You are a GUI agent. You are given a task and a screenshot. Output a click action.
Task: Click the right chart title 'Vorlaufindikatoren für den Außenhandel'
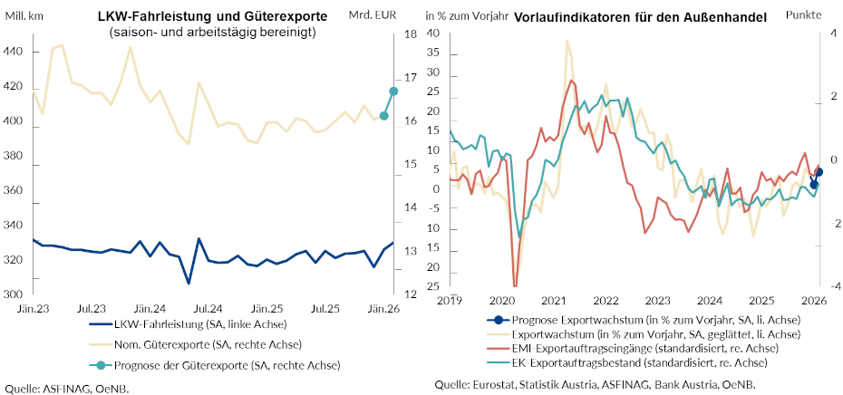click(640, 17)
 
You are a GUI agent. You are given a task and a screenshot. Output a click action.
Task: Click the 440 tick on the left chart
click(15, 52)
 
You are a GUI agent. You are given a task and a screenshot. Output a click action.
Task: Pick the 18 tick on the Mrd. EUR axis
click(410, 34)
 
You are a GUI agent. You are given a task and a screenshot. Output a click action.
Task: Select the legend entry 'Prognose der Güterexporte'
click(214, 365)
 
